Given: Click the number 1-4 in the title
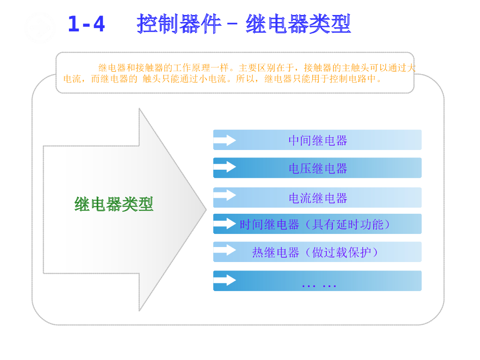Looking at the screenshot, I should click(86, 24).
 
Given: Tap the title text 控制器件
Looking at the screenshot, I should click(178, 23).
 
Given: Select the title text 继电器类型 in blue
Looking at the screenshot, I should click(298, 23).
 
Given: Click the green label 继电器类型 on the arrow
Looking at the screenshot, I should click(114, 204).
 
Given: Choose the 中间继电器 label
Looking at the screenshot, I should click(318, 140).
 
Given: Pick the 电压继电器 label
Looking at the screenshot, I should click(318, 168).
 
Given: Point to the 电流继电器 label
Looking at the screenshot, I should click(318, 198).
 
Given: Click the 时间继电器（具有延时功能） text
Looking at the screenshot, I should click(315, 225).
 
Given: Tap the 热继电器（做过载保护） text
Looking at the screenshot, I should click(315, 252).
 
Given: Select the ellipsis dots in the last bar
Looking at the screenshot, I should click(319, 285).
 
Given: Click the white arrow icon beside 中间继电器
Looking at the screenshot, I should click(225, 140).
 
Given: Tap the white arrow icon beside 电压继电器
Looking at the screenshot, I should click(225, 167).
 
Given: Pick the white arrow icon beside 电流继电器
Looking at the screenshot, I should click(225, 195).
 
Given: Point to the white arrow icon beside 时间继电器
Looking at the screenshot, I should click(225, 224).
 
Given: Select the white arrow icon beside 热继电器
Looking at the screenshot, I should click(225, 250).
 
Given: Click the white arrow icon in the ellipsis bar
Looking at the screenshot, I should click(225, 280).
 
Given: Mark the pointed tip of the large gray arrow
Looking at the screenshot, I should click(205, 210).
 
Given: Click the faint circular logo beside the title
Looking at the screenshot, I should click(39, 27).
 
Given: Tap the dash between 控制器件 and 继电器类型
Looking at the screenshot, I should click(232, 24).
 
